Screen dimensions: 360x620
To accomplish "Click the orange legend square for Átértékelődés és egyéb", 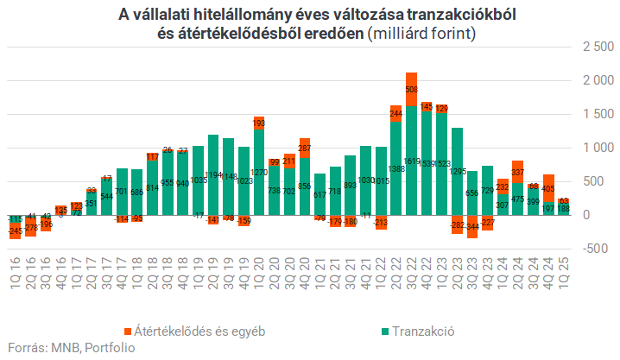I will click(x=128, y=330).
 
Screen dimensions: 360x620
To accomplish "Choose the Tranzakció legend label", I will click(x=423, y=330).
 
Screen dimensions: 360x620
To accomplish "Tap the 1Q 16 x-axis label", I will click(x=14, y=275).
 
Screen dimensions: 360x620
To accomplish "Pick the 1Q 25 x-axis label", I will click(x=564, y=275).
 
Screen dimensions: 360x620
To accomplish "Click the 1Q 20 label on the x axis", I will click(x=259, y=275).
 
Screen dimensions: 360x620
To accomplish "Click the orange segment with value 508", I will click(x=411, y=89).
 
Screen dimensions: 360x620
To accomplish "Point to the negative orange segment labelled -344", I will click(x=472, y=227).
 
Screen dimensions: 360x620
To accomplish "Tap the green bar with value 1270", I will click(x=259, y=173).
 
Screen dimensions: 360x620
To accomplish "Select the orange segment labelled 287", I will click(x=305, y=147).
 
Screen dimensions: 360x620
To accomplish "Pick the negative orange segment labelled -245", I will click(x=14, y=231).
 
